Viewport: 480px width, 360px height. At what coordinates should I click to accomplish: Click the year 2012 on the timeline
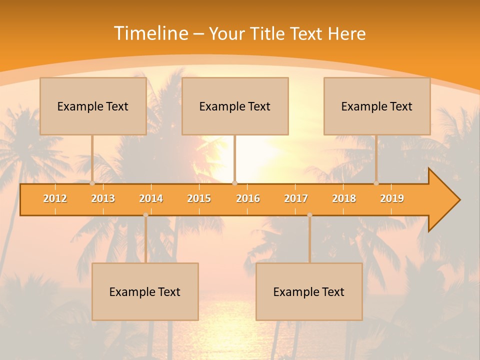(x=55, y=198)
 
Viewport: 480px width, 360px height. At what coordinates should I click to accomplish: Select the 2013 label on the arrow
(x=103, y=198)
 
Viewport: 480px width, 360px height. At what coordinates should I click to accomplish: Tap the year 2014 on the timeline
(x=151, y=198)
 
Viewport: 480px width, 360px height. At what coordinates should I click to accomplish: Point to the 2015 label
(x=199, y=198)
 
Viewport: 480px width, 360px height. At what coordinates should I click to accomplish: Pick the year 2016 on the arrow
(x=248, y=198)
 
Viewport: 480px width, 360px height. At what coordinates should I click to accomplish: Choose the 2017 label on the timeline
(x=296, y=198)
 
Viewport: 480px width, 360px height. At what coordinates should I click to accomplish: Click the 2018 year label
(x=344, y=198)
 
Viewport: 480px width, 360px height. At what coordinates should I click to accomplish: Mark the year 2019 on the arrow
(x=392, y=198)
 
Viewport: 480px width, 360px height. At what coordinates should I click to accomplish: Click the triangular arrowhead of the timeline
(x=443, y=199)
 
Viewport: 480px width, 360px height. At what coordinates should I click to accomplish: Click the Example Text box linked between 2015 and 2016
(x=235, y=106)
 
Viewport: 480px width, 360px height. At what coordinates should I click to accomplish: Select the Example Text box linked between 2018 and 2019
(x=377, y=106)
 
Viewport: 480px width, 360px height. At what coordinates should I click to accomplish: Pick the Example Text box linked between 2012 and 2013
(x=93, y=106)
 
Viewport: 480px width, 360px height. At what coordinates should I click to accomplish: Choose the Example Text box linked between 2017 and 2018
(x=309, y=291)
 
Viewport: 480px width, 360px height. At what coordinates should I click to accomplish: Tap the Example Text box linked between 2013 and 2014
(x=145, y=291)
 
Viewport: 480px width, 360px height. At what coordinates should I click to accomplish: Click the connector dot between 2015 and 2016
(x=234, y=183)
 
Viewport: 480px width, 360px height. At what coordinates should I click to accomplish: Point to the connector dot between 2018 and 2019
(x=376, y=183)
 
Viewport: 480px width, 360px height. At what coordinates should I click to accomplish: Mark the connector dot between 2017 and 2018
(x=309, y=215)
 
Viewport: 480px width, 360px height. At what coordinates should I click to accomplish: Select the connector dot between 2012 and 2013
(x=92, y=183)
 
